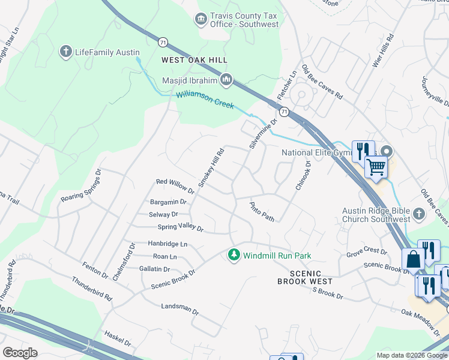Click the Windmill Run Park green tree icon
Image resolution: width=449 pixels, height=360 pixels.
coord(234,256)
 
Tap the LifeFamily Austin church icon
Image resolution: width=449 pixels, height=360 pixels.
coord(66,52)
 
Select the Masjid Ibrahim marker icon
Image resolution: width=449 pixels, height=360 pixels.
coord(226,79)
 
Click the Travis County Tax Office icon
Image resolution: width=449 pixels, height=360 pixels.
coord(200,20)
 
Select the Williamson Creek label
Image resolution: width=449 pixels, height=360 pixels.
coord(205,100)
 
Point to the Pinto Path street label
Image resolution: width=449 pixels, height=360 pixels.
coord(262,212)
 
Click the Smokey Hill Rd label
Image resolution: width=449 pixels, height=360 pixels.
coord(211,167)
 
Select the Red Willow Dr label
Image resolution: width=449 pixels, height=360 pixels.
coord(175,185)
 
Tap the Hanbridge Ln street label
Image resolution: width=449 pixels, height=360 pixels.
coord(167,244)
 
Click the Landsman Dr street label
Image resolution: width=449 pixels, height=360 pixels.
coord(179,308)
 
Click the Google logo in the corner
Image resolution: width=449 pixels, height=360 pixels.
coord(20,352)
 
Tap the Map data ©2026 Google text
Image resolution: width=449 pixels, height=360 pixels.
coord(411,355)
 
